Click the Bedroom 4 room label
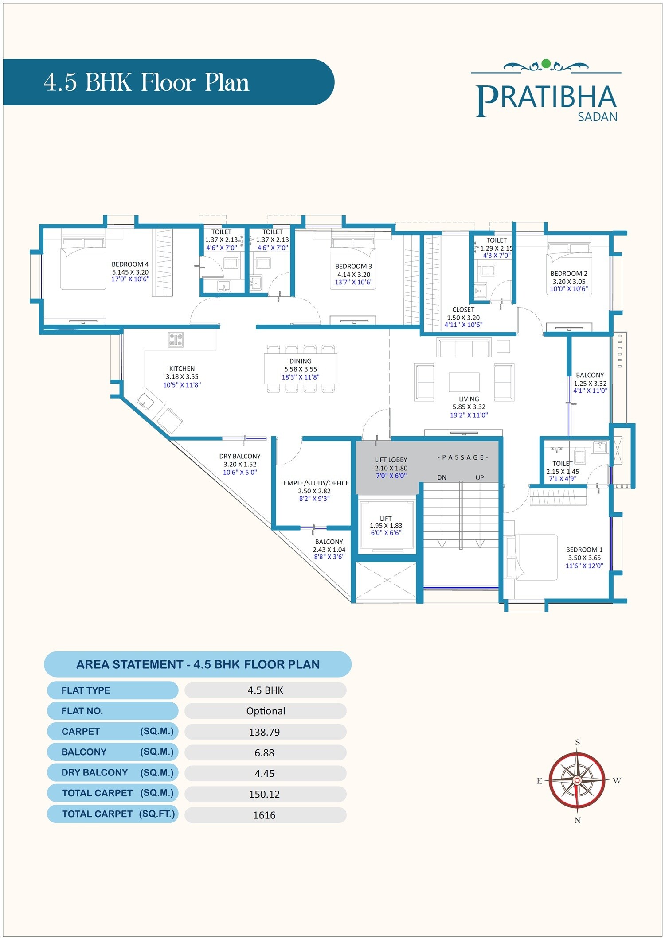130,264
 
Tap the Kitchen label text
182,368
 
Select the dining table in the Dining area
301,368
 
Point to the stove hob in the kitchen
176,340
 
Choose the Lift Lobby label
391,460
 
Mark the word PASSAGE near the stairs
463,457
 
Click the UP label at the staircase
480,478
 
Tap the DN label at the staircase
442,478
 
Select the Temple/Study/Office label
314,483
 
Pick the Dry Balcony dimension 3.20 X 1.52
240,465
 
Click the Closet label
463,310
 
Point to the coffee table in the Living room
464,381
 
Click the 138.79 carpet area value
264,732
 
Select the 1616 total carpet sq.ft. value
264,815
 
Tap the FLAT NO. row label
82,711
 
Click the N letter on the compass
577,820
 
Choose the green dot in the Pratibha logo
546,64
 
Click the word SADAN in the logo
597,117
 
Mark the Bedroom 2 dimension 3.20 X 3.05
569,282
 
